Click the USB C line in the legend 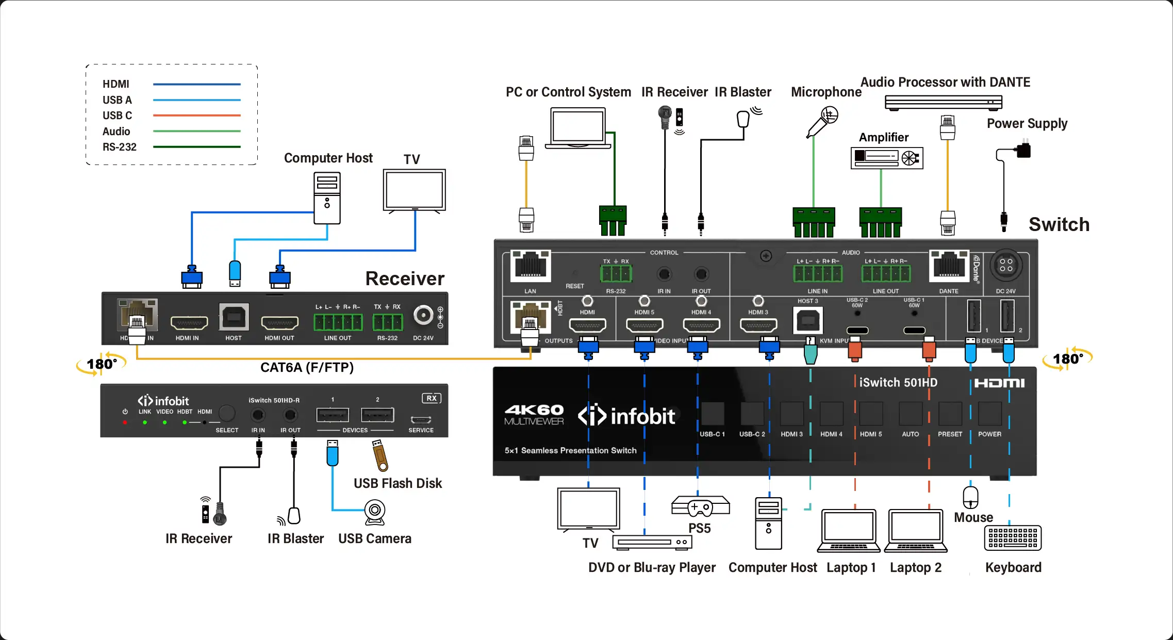(x=196, y=116)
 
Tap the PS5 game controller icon (x=700, y=507)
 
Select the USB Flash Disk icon (x=381, y=455)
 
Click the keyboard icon (x=1013, y=538)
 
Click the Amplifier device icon (x=886, y=158)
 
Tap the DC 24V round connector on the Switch (x=1006, y=266)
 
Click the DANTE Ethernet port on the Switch (x=949, y=266)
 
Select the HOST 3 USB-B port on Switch (x=807, y=321)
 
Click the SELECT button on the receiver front (x=227, y=414)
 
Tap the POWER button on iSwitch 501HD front (x=989, y=414)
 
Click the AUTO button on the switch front (x=910, y=414)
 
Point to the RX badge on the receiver (x=432, y=398)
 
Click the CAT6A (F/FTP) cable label (x=307, y=367)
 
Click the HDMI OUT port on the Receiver (x=279, y=323)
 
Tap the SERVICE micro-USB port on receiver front (x=421, y=419)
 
